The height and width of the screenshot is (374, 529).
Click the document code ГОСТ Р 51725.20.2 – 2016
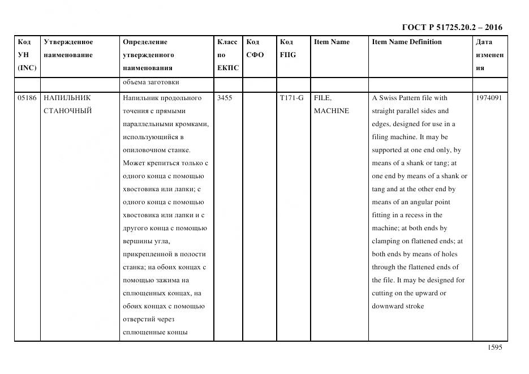(x=451, y=27)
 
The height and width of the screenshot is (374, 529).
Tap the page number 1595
(x=494, y=348)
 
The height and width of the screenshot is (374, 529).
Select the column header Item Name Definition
(x=406, y=42)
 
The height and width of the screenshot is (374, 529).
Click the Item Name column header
(x=332, y=42)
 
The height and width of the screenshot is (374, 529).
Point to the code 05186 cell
(x=27, y=98)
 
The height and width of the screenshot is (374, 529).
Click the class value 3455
(x=225, y=98)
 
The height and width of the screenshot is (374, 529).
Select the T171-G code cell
(x=291, y=98)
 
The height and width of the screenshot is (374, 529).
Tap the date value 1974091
(x=489, y=98)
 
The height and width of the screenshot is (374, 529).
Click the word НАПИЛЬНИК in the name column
(x=67, y=98)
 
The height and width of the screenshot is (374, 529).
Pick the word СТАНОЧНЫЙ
(x=67, y=111)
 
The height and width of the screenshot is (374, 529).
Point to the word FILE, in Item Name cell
(x=322, y=98)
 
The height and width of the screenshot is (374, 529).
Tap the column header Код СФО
(x=256, y=49)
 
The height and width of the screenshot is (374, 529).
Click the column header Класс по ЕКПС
(x=228, y=55)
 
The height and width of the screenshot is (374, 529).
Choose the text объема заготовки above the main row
(x=151, y=82)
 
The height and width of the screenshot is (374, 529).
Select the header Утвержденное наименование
(x=68, y=49)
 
